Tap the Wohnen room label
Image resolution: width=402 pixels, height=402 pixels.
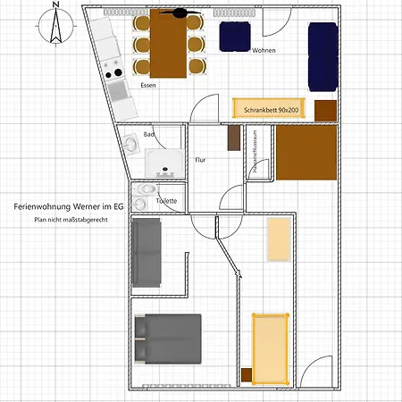pos(264,50)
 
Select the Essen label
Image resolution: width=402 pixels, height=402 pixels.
pos(149,85)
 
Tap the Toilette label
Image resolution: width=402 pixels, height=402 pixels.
pos(166,201)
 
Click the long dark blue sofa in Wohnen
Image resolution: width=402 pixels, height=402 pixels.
pos(323,55)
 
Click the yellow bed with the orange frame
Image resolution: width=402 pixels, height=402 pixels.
pos(270,346)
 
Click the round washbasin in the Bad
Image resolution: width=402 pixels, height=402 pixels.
pos(131,142)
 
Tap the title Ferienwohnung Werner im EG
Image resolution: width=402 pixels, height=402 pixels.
pos(68,205)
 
